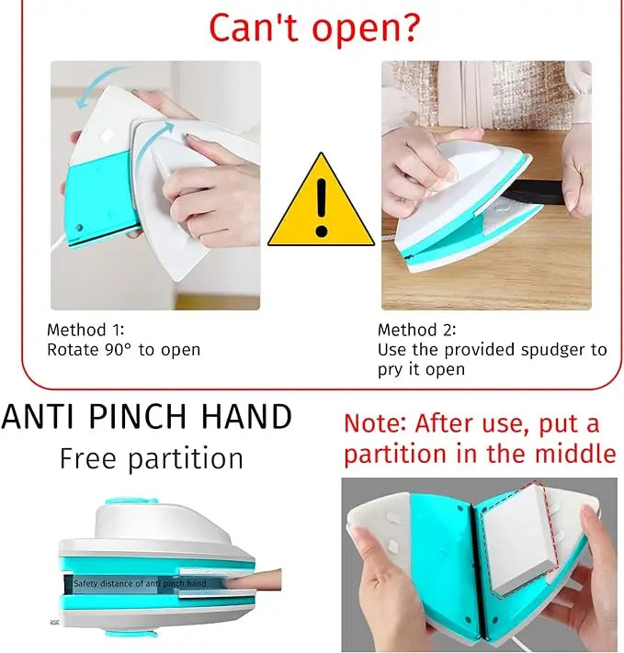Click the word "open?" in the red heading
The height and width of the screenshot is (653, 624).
(366, 30)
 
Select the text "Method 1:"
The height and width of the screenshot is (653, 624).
(85, 330)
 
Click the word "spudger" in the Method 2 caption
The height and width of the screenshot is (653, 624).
(515, 351)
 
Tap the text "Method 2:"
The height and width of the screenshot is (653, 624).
(417, 330)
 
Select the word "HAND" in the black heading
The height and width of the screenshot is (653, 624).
(247, 416)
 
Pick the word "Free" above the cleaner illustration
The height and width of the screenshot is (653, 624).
(88, 458)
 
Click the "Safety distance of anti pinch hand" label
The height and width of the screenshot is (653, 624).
(140, 583)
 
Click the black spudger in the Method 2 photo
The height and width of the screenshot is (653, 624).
(534, 193)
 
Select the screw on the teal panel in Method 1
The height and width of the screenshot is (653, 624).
(79, 228)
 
